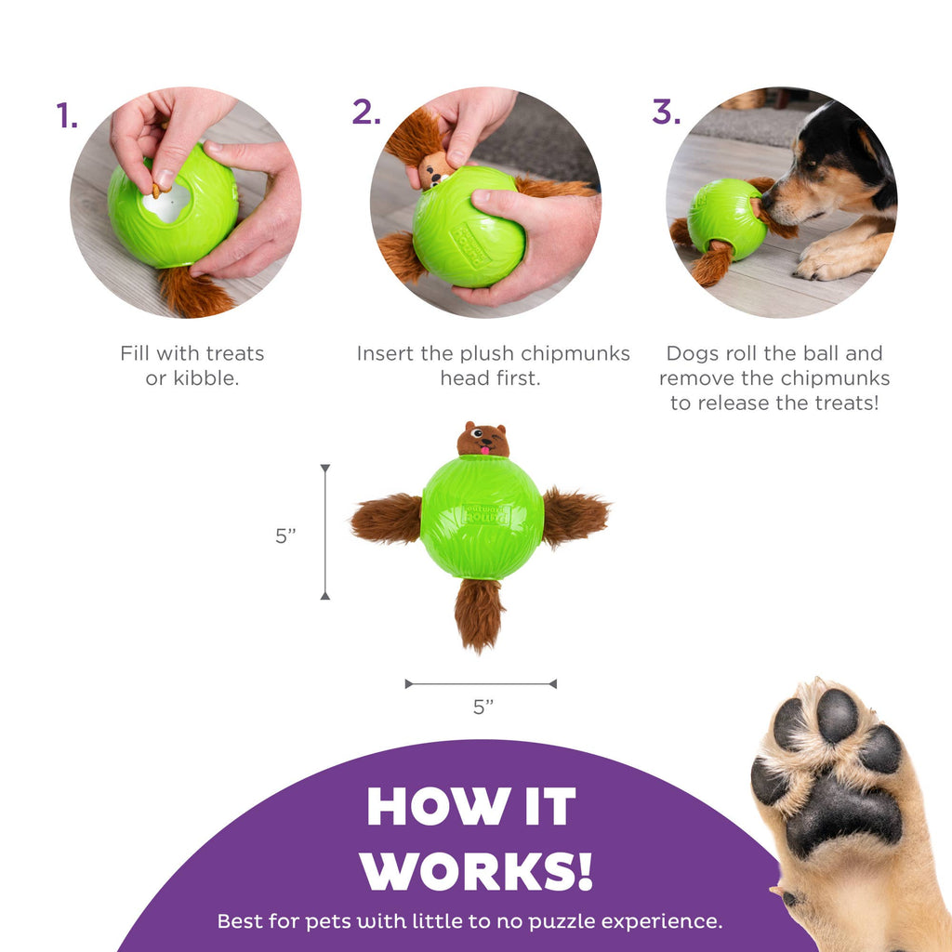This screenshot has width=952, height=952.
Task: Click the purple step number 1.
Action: (65, 116)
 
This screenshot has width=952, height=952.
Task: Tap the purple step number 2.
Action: (365, 112)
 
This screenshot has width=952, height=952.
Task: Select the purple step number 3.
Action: (666, 112)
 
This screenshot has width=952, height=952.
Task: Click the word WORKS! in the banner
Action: (477, 871)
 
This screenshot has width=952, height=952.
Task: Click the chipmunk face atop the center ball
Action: (483, 440)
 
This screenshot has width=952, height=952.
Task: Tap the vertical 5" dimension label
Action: (285, 536)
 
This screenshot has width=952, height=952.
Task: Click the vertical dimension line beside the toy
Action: (324, 532)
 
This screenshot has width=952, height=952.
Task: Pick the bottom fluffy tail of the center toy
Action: (480, 614)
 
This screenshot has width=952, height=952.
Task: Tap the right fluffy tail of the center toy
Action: (575, 516)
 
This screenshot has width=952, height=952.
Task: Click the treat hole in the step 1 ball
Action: (168, 203)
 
